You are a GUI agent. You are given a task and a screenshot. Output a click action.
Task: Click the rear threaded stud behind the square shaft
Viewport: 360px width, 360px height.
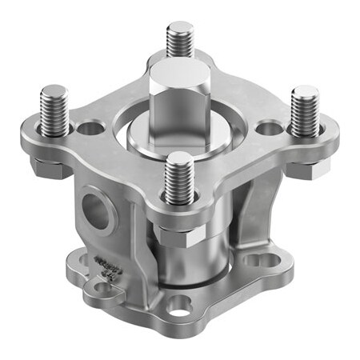[180, 40]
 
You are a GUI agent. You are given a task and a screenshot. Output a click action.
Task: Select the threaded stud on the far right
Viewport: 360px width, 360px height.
[304, 112]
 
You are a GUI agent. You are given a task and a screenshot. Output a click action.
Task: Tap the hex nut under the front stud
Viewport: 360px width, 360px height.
[179, 233]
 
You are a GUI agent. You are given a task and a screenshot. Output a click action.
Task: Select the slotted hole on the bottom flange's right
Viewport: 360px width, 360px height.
[258, 260]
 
